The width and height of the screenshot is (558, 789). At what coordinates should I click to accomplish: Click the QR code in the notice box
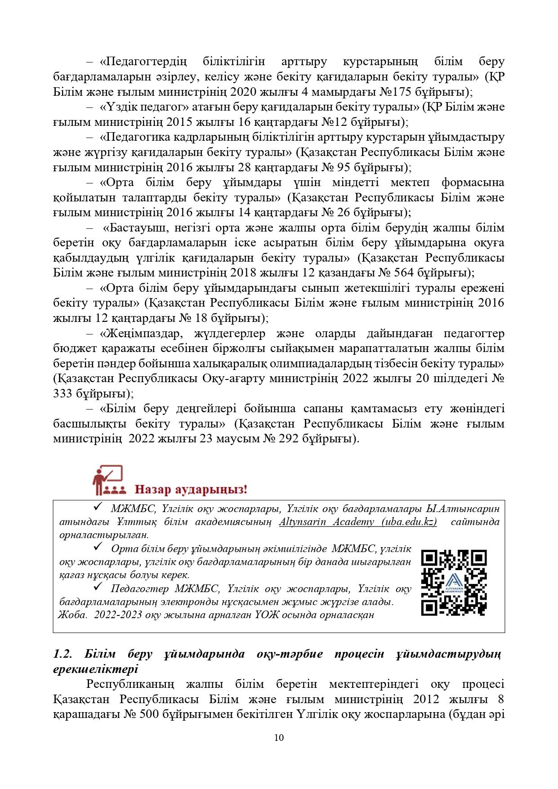454,582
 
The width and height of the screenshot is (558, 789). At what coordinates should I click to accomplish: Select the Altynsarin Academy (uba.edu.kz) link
358,522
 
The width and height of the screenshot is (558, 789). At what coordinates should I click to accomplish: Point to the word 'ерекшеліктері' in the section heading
95,669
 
